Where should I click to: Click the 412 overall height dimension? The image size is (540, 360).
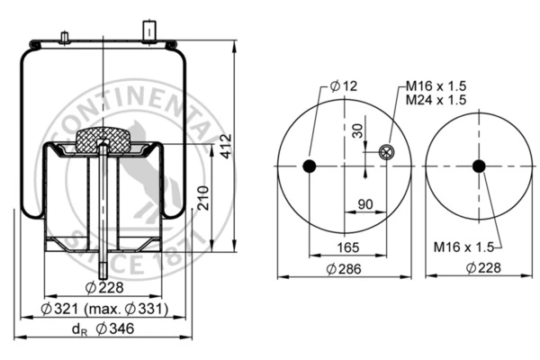click(x=226, y=147)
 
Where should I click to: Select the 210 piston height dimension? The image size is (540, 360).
click(x=203, y=198)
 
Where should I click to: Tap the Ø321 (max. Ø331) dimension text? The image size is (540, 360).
click(x=104, y=309)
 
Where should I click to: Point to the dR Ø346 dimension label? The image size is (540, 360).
click(x=103, y=328)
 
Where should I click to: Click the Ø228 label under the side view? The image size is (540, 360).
click(x=104, y=287)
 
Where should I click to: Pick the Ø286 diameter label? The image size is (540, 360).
click(x=344, y=269)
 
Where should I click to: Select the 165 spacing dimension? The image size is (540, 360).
click(x=347, y=247)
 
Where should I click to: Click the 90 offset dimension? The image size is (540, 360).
click(x=365, y=204)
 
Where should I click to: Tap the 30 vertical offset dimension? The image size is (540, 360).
click(x=358, y=130)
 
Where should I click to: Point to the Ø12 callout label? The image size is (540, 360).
click(x=344, y=85)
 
